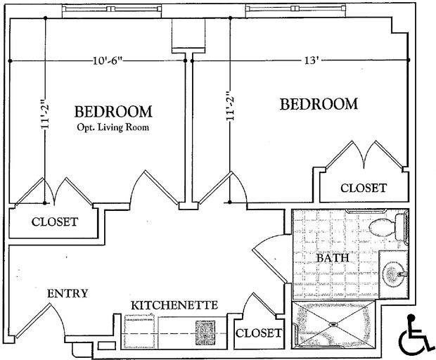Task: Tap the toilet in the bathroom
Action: (388, 227)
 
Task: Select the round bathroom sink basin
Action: (394, 274)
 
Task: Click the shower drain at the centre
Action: (333, 324)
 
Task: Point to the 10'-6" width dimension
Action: (108, 60)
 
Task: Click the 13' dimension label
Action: (311, 60)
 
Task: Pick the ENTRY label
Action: (68, 293)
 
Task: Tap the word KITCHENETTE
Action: (174, 305)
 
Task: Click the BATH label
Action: (333, 258)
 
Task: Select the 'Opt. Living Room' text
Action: (113, 127)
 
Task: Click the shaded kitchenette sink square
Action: (205, 333)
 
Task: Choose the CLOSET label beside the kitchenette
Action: (259, 333)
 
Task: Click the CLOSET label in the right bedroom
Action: (364, 188)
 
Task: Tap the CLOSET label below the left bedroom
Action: (55, 221)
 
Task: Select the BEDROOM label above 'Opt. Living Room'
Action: (113, 112)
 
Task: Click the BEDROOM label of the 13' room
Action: (319, 104)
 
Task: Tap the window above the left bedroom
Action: (111, 9)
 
